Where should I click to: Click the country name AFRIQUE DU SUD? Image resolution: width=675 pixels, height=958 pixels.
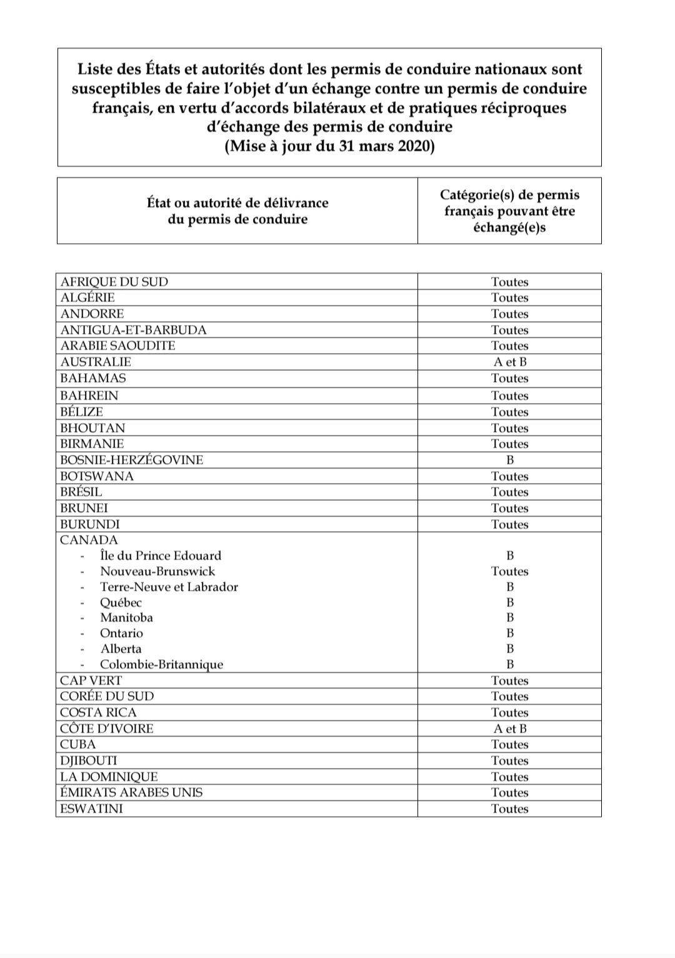(x=114, y=282)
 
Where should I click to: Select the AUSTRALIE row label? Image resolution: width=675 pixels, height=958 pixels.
(x=96, y=362)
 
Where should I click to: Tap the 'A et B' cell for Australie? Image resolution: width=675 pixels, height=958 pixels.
(x=509, y=362)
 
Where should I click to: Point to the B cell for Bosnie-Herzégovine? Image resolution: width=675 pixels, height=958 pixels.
(x=509, y=460)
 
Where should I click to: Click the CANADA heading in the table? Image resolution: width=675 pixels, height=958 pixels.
(x=89, y=540)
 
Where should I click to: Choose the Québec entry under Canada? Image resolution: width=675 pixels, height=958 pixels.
(x=121, y=602)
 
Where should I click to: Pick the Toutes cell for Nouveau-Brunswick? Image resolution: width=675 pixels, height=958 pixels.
(x=509, y=571)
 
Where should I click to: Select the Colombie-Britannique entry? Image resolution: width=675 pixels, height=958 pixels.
(x=161, y=664)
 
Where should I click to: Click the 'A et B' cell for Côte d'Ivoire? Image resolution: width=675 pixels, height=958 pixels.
(x=509, y=729)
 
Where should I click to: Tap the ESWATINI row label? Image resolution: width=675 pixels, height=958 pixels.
(x=91, y=809)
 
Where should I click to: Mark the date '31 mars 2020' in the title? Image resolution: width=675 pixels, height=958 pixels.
(x=386, y=147)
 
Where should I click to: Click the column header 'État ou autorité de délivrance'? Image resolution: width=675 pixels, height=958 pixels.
(x=237, y=202)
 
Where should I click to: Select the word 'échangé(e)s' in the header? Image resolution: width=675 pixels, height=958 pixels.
(x=509, y=227)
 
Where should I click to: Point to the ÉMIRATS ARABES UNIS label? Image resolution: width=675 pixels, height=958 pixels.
(x=131, y=792)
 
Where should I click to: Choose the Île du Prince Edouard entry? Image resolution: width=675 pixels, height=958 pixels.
(x=160, y=556)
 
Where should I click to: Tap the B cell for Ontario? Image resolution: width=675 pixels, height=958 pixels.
(x=509, y=633)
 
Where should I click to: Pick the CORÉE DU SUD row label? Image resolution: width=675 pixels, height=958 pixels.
(x=107, y=696)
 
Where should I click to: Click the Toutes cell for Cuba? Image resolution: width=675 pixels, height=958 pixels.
(x=509, y=744)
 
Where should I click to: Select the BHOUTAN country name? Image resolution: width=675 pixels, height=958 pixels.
(x=92, y=428)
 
